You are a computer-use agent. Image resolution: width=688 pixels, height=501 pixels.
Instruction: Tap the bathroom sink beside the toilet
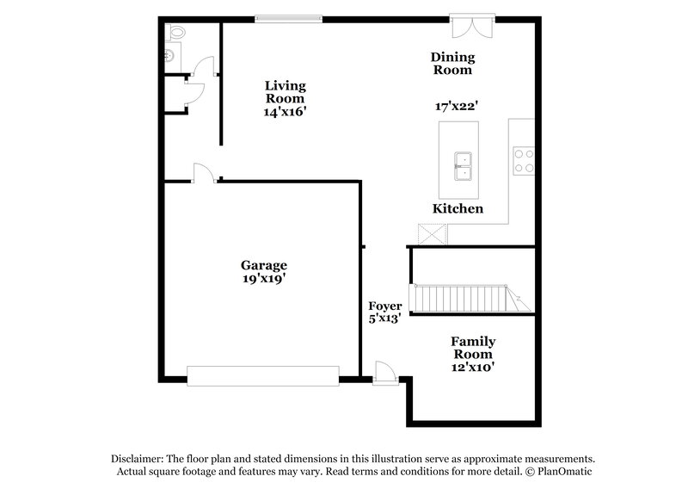[x=169, y=54]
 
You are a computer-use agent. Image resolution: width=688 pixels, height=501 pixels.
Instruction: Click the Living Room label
[x=285, y=92]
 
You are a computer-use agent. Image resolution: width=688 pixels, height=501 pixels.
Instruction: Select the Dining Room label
[x=452, y=64]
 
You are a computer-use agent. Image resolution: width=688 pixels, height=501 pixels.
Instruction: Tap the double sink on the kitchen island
[x=464, y=164]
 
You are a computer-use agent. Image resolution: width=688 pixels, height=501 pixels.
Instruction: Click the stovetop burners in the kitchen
[x=523, y=161]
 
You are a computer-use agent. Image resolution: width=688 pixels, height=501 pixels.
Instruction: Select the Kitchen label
[x=457, y=209]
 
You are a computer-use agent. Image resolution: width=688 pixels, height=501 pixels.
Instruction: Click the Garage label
[x=264, y=265]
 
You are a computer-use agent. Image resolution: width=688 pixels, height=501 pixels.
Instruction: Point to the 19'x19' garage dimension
[x=264, y=279]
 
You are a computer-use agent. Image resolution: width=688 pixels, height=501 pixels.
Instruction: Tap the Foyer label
[x=384, y=306]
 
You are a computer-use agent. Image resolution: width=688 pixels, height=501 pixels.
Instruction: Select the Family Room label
[x=473, y=348]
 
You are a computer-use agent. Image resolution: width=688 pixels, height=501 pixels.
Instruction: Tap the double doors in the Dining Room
[x=472, y=23]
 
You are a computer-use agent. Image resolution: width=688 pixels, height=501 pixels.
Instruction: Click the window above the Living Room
[x=289, y=17]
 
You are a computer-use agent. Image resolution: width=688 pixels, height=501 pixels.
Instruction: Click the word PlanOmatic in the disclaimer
[x=563, y=472]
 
